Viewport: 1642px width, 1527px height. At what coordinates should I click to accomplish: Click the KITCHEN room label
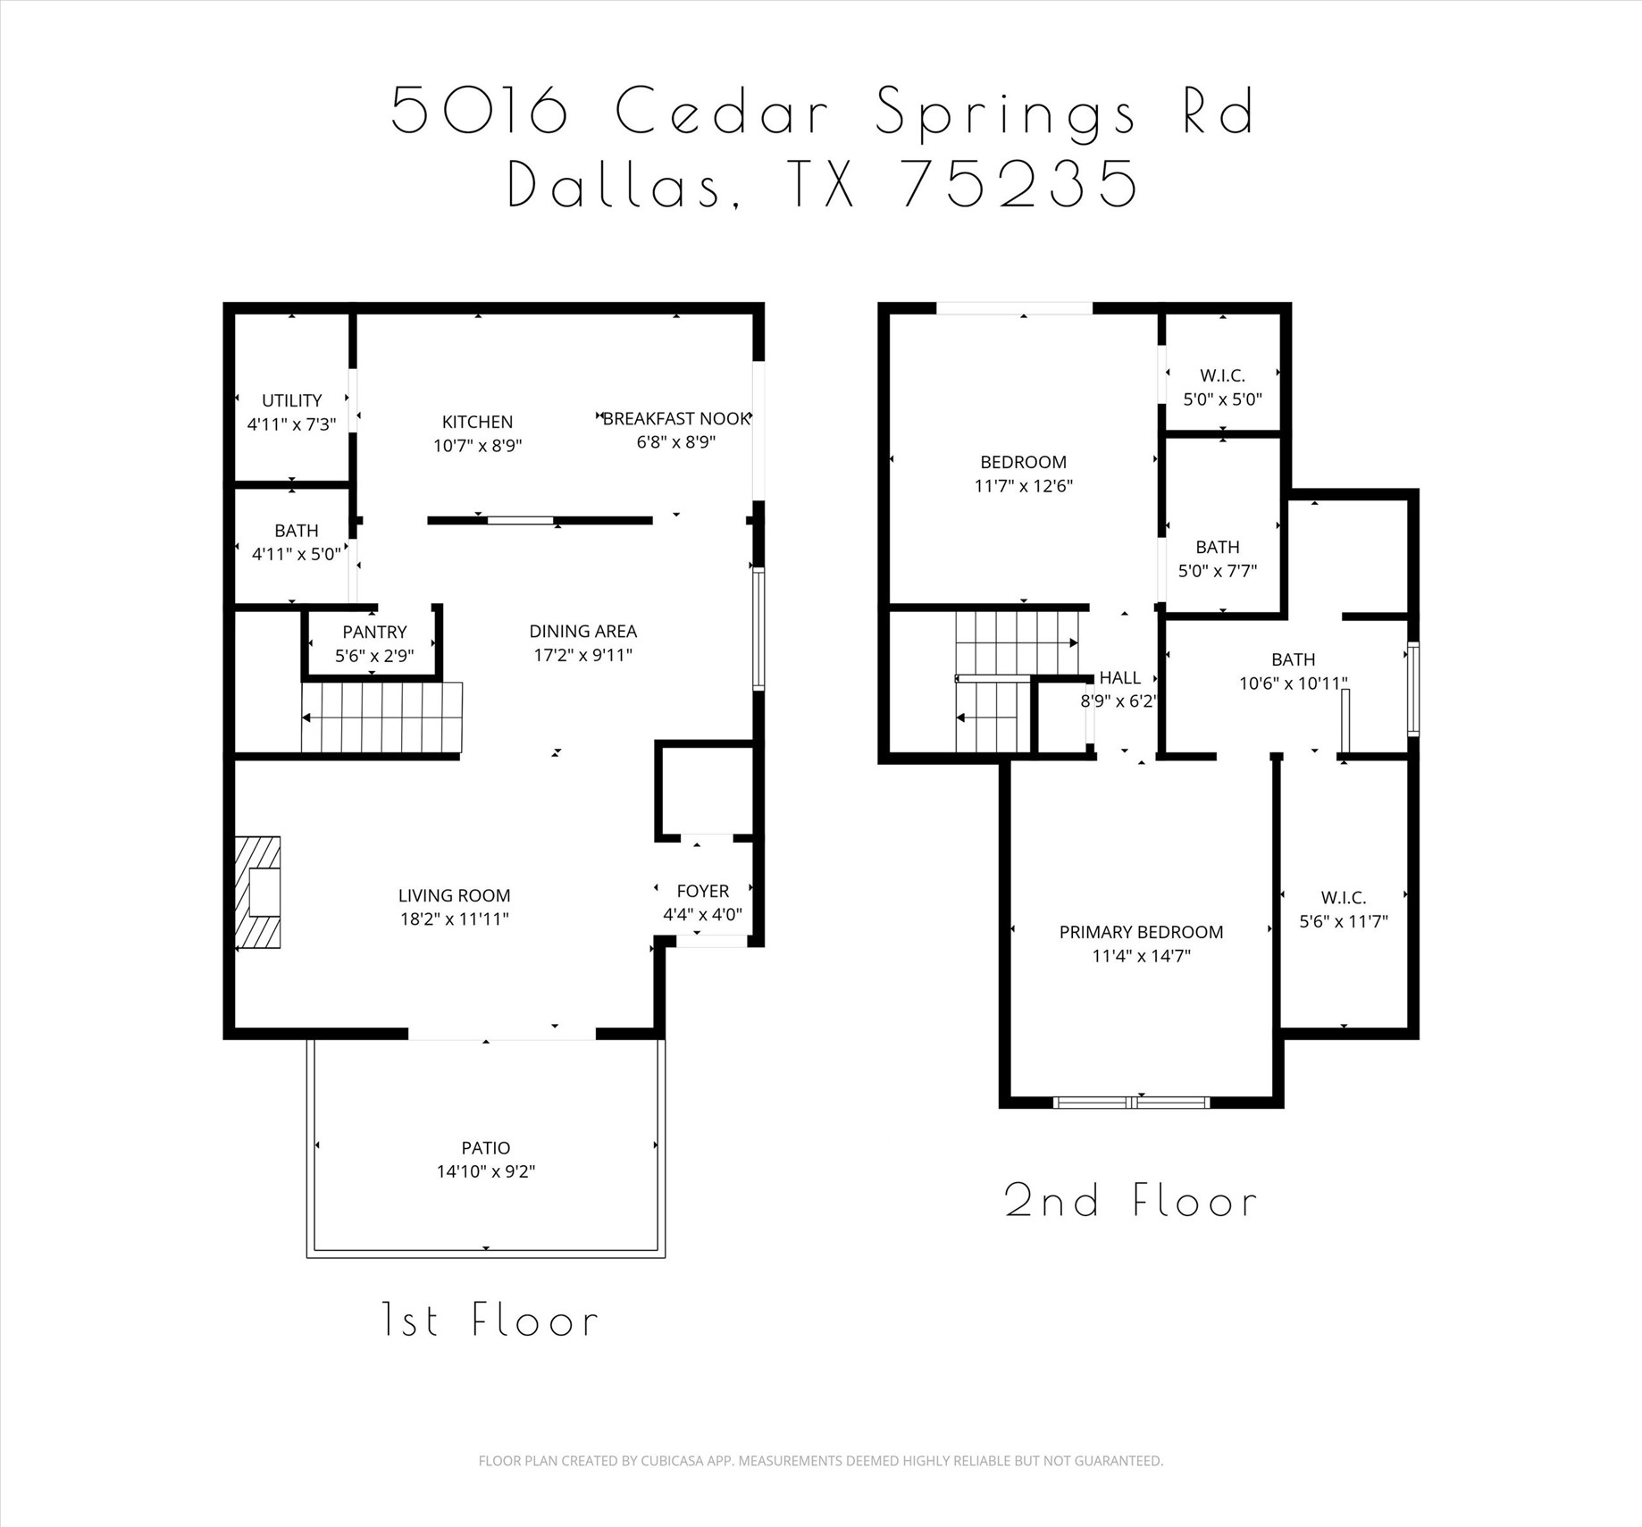(477, 422)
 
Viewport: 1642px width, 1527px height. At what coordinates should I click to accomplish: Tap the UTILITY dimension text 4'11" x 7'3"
(291, 424)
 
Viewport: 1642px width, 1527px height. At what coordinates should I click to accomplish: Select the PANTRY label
(374, 632)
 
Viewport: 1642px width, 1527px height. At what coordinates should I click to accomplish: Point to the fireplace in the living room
(258, 892)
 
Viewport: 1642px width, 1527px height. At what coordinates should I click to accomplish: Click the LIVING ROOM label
(454, 895)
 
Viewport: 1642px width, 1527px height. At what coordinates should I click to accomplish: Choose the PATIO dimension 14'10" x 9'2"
(486, 1171)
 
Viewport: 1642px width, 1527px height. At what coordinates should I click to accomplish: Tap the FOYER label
(703, 891)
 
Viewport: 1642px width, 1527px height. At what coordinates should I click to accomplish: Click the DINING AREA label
(582, 631)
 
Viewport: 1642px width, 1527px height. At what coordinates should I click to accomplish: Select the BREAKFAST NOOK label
(676, 418)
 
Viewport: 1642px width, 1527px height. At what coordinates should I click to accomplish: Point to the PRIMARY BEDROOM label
(1141, 932)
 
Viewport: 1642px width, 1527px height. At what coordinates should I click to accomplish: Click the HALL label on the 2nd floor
(1120, 677)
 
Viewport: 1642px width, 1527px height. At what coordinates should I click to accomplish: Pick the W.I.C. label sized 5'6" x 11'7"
(1344, 898)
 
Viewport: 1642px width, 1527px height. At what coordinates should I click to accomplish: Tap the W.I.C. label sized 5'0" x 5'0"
(1222, 375)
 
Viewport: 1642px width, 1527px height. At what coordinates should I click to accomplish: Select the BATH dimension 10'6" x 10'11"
(1293, 684)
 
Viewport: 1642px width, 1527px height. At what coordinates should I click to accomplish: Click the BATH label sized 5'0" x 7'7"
(1218, 547)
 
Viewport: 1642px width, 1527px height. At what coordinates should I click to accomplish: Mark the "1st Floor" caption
(490, 1321)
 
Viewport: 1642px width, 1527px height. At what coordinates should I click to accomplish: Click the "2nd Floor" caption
(1131, 1201)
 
